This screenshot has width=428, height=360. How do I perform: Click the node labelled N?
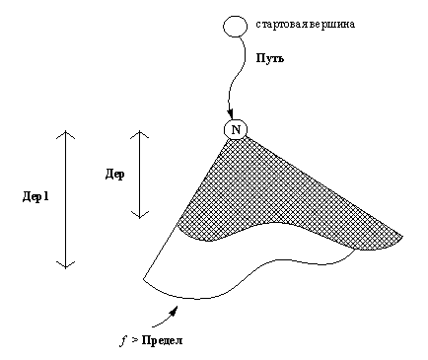point(235,128)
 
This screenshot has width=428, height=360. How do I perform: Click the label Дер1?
point(36,196)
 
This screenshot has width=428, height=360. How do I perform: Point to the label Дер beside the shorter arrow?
point(114,174)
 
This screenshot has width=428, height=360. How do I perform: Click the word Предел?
point(158,340)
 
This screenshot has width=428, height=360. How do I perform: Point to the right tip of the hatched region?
point(401,235)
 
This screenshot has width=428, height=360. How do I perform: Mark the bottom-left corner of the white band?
point(145,280)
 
